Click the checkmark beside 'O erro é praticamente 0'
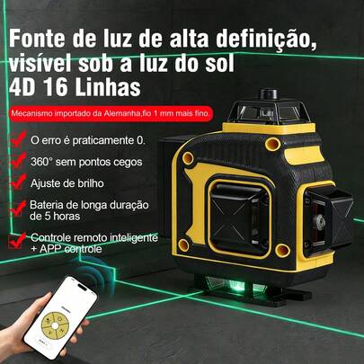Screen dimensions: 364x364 click(19, 140)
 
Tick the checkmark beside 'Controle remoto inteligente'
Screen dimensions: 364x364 click(19, 240)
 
